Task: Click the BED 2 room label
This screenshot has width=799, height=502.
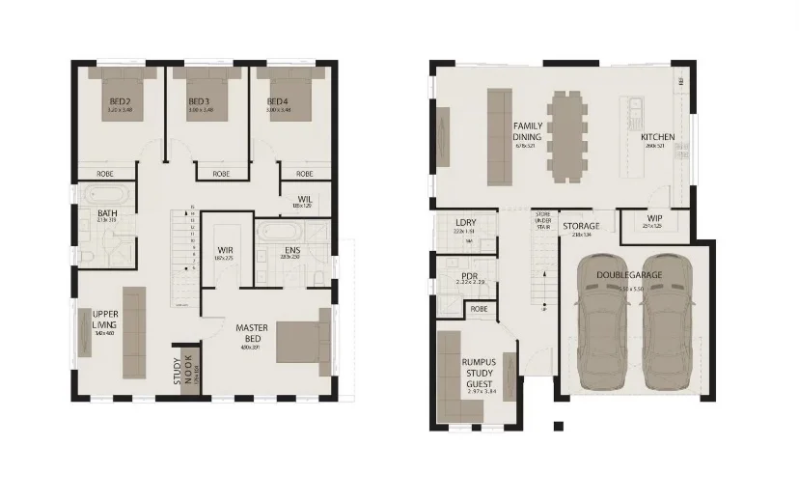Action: click(120, 101)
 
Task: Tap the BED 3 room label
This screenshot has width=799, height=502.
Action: click(199, 101)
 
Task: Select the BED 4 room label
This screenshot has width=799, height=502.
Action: click(278, 101)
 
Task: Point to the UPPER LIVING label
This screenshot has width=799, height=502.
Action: click(105, 320)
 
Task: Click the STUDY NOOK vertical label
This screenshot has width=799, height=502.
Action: click(182, 372)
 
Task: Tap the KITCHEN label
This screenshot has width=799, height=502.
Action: click(657, 137)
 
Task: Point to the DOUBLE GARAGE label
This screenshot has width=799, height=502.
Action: click(628, 276)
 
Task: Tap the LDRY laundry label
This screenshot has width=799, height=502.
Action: click(465, 223)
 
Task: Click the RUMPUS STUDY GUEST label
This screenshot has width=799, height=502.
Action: click(480, 373)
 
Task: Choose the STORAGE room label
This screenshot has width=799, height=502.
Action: click(581, 226)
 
